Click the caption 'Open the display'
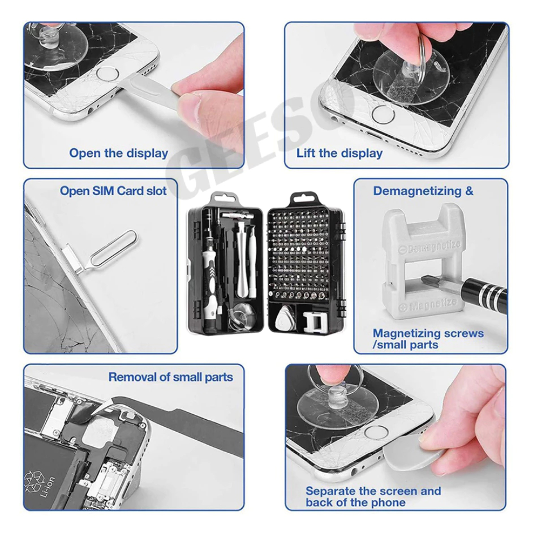coord(119,153)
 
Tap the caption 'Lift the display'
coord(339,153)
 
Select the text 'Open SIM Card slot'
coord(113,191)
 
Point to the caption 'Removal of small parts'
coord(171,377)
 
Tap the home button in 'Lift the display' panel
coord(384,114)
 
